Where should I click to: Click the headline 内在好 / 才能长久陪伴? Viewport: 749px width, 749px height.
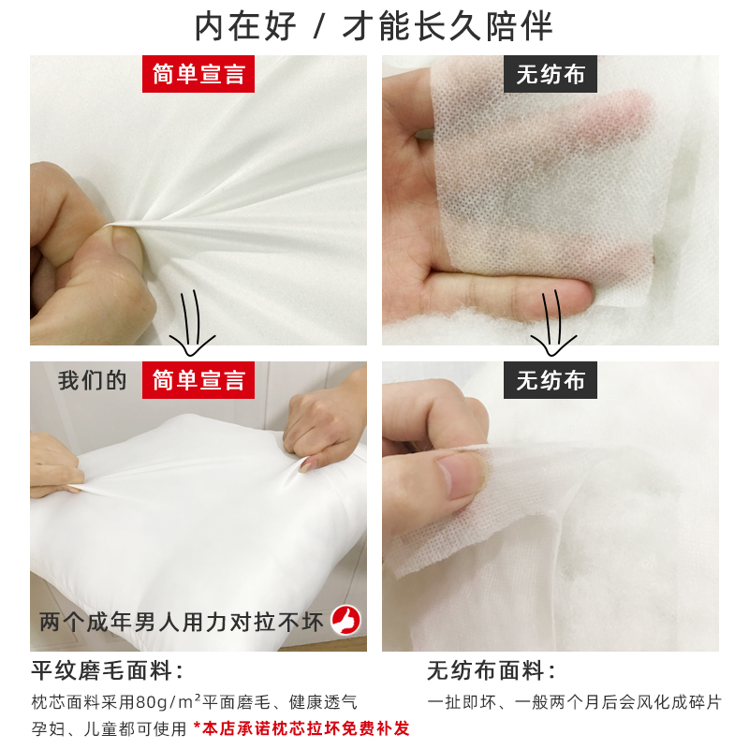pos(374,26)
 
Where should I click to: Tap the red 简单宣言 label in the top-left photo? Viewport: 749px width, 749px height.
pos(198,74)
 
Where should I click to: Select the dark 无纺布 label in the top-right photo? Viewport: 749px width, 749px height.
pos(551,74)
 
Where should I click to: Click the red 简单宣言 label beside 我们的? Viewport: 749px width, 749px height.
pos(198,380)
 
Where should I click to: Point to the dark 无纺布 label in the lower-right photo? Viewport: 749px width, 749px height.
pos(551,380)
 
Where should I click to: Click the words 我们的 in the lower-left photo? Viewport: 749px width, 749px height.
pos(92,380)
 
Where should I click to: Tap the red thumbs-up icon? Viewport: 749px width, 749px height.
pos(346,620)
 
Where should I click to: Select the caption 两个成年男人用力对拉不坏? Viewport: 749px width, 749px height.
pos(183,621)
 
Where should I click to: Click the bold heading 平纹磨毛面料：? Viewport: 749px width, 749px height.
pos(108,670)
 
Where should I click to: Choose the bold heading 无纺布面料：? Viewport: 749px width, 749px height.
pos(492,670)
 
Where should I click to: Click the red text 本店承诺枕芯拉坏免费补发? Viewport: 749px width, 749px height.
pos(301,727)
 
